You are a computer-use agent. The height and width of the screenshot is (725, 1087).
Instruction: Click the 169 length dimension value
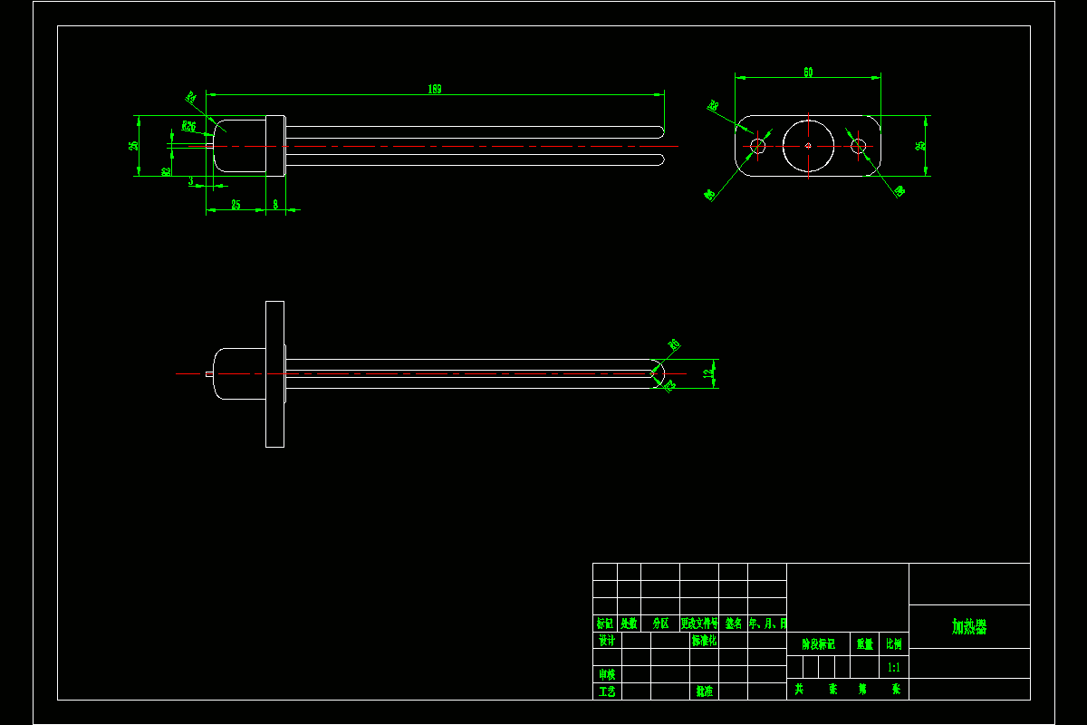pyautogui.click(x=435, y=89)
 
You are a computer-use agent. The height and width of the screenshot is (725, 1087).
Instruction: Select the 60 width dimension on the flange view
pyautogui.click(x=807, y=72)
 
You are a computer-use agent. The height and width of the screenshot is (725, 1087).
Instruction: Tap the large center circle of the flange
pyautogui.click(x=808, y=145)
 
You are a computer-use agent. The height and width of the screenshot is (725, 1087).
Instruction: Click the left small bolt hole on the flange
pyautogui.click(x=758, y=145)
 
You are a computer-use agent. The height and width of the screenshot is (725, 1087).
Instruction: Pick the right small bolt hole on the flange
pyautogui.click(x=859, y=145)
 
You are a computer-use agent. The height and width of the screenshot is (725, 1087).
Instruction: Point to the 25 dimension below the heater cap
pyautogui.click(x=236, y=205)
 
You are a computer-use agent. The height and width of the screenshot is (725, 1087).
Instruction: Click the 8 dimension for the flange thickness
pyautogui.click(x=275, y=205)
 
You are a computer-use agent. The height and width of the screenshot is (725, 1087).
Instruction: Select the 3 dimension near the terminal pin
pyautogui.click(x=191, y=181)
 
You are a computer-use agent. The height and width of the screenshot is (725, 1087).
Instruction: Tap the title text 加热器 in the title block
pyautogui.click(x=968, y=627)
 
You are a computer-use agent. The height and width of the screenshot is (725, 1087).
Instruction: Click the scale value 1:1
pyautogui.click(x=893, y=667)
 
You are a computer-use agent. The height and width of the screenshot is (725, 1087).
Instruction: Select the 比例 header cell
pyautogui.click(x=893, y=644)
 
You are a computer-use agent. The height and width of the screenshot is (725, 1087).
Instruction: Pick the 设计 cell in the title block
pyautogui.click(x=607, y=641)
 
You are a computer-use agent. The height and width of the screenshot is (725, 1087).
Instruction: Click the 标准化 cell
pyautogui.click(x=704, y=641)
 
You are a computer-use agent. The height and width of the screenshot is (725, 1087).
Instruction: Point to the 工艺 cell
pyautogui.click(x=607, y=691)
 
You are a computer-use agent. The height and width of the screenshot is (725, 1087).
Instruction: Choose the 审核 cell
pyautogui.click(x=607, y=674)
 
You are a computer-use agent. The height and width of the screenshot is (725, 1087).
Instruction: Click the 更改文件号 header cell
pyautogui.click(x=698, y=623)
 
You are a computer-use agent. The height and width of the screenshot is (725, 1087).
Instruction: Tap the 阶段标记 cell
pyautogui.click(x=818, y=644)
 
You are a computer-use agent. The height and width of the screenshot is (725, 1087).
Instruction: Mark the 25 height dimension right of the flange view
pyautogui.click(x=920, y=145)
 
